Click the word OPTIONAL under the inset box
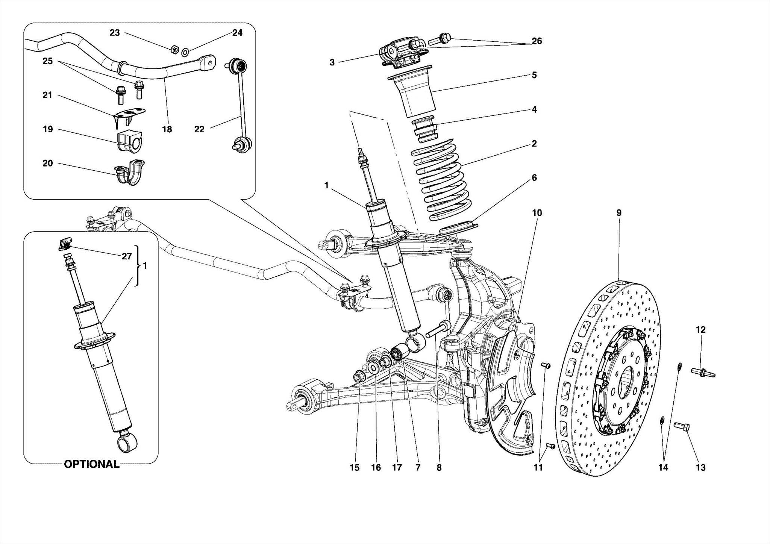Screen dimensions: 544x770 coord(91,464)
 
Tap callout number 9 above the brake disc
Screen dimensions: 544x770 coord(619,213)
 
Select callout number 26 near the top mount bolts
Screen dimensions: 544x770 coord(537,41)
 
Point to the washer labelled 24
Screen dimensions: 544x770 coord(185,52)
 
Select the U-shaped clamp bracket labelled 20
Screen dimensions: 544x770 coord(130,173)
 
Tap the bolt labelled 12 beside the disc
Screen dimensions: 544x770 coord(702,373)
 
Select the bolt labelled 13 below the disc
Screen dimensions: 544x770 coord(681,426)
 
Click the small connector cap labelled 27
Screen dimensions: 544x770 coord(65,244)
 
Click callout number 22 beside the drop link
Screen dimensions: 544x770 coord(199,129)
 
